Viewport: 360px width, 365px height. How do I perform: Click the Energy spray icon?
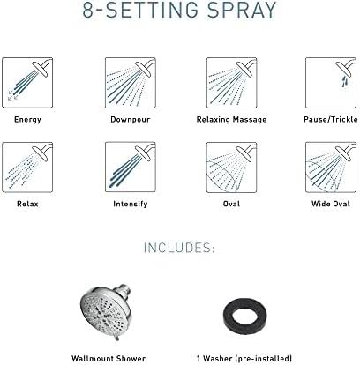tap(27, 83)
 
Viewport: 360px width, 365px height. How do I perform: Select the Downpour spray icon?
tap(131, 83)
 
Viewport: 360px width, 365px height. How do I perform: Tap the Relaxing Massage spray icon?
tap(231, 83)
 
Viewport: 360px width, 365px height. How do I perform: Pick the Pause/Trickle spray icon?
tap(331, 83)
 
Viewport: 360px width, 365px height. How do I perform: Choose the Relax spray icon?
tap(27, 168)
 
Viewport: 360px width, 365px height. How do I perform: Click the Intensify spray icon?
tap(131, 168)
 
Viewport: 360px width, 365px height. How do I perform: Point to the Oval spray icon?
tap(231, 168)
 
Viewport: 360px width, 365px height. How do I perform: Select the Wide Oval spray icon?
tap(331, 168)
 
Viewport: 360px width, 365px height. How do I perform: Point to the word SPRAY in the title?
tap(242, 10)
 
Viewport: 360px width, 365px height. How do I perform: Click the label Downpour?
tap(131, 120)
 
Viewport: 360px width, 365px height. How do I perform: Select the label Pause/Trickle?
tap(331, 120)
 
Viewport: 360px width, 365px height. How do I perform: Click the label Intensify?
tap(131, 204)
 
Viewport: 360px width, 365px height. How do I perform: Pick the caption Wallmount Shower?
tap(109, 359)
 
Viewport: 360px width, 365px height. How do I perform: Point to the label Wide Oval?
tap(331, 204)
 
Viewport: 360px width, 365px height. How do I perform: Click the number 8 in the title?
tap(88, 10)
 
